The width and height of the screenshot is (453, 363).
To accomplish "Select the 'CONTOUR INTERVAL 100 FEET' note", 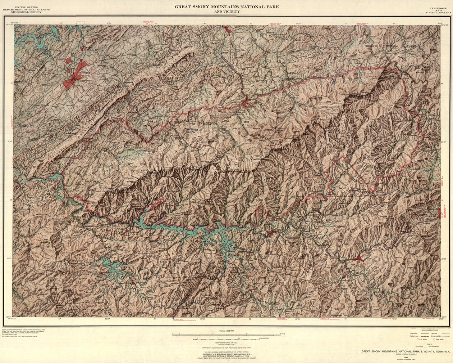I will pos(226,342).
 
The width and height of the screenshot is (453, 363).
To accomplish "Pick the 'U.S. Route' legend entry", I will pos(422,339).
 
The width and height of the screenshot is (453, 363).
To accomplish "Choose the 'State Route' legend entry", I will pos(439,339).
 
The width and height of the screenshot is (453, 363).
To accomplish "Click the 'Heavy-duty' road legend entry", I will pos(413,333).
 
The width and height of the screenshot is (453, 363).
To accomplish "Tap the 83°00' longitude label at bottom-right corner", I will pos(441,319).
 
